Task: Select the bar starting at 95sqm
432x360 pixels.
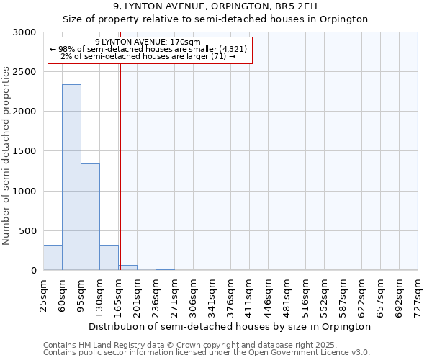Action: click(90, 217)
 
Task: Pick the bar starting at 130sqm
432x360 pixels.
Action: click(109, 258)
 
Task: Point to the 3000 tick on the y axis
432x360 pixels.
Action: click(24, 32)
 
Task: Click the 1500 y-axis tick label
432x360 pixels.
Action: click(24, 151)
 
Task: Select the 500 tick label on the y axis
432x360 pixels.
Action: click(27, 231)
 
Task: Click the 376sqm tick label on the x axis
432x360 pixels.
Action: click(231, 295)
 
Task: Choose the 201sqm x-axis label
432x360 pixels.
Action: click(138, 295)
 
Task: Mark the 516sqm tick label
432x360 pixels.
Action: click(306, 295)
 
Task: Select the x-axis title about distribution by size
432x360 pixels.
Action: click(230, 326)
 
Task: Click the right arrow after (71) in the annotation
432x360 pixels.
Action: click(233, 56)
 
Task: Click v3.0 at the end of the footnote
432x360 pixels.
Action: click(361, 352)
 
